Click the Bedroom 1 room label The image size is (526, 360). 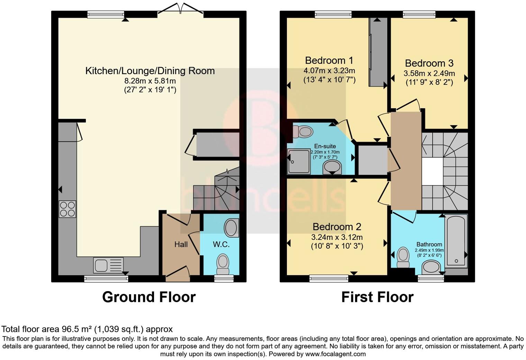(x=329, y=61)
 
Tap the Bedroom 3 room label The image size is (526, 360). (x=429, y=63)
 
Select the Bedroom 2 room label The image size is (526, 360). (x=337, y=227)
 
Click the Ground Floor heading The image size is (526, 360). (x=149, y=297)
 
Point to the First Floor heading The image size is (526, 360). (x=377, y=297)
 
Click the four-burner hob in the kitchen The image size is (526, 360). (x=67, y=209)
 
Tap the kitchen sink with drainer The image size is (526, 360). (x=108, y=265)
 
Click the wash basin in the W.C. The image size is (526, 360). (x=231, y=228)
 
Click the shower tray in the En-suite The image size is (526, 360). (x=299, y=161)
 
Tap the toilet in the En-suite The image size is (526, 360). (x=303, y=132)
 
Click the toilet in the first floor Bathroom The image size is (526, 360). (x=403, y=257)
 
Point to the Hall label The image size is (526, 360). (x=181, y=245)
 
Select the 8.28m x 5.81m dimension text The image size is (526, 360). (x=150, y=81)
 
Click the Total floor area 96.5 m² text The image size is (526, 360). (x=87, y=329)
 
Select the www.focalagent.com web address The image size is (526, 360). (x=335, y=354)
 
